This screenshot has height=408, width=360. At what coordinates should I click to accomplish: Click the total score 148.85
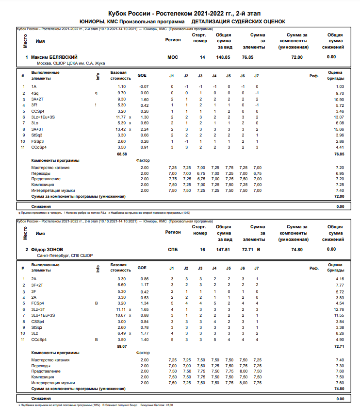[223, 57]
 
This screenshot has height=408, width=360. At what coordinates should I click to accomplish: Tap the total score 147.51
[223, 249]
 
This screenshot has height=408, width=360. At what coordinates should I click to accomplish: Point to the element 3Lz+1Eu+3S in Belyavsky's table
[43, 117]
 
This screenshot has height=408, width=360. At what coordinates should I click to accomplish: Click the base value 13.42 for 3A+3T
[121, 129]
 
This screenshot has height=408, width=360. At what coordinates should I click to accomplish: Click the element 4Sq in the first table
[35, 93]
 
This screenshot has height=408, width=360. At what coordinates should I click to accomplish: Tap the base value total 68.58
[121, 153]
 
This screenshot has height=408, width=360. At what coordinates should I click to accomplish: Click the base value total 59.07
[121, 346]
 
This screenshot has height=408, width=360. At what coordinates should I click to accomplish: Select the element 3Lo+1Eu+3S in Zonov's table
[43, 315]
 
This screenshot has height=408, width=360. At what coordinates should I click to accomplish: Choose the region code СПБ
[173, 249]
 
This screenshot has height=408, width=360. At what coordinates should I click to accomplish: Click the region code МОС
[173, 57]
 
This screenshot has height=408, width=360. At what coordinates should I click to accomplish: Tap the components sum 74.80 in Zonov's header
[296, 249]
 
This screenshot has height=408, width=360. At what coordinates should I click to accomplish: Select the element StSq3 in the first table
[37, 135]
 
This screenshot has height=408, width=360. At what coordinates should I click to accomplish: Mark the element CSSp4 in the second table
[38, 321]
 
